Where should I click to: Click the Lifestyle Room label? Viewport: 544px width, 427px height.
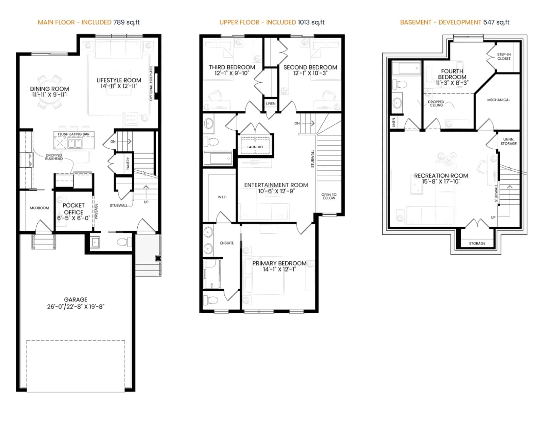(119, 80)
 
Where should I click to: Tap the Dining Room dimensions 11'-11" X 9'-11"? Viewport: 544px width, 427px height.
(50, 95)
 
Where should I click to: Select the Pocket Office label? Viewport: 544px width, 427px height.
(73, 209)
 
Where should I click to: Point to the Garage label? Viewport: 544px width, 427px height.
(75, 299)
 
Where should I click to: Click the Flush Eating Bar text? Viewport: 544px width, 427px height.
(73, 134)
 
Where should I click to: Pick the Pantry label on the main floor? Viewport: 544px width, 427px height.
(128, 164)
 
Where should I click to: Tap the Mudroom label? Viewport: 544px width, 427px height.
(39, 208)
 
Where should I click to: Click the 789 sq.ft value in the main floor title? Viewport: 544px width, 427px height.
(126, 22)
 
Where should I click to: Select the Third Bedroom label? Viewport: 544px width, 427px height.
(232, 67)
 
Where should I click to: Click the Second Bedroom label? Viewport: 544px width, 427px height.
(310, 67)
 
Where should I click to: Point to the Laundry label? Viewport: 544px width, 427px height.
(255, 147)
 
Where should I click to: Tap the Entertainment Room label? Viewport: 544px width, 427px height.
(276, 185)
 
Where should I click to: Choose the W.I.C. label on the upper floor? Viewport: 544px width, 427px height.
(223, 197)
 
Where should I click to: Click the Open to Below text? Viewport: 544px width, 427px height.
(329, 196)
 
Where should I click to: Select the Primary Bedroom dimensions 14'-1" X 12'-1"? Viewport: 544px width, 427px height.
(279, 269)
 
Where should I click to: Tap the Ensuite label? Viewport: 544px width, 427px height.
(227, 243)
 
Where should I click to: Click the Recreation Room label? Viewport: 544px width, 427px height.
(441, 176)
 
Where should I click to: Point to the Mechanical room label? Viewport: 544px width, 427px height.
(498, 100)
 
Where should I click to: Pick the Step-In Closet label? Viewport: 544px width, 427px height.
(504, 56)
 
